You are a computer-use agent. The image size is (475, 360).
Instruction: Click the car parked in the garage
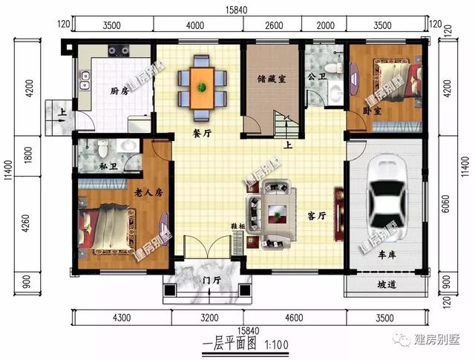point(387,199)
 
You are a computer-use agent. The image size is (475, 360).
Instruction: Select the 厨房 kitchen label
point(119,91)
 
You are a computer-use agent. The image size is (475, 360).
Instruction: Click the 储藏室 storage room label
point(272,79)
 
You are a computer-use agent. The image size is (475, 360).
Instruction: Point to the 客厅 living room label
point(317,216)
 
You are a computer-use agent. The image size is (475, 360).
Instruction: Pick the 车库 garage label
point(387,255)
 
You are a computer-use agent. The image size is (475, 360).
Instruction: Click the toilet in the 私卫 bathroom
point(103,148)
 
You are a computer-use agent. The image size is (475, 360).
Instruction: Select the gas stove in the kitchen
point(119,50)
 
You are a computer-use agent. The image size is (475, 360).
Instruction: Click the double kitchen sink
point(85,80)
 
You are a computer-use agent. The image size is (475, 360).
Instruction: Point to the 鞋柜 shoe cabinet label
point(237,226)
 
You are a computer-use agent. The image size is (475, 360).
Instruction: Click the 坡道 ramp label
point(387,285)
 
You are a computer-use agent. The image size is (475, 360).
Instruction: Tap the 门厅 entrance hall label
point(212,281)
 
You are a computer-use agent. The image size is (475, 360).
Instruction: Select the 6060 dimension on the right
point(446,204)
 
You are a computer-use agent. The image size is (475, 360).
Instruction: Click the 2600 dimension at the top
point(274,25)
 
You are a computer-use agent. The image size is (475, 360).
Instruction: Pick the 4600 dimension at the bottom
point(294,318)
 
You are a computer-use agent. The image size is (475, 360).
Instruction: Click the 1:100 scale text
point(276,344)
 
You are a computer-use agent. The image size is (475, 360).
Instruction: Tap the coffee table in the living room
point(277,214)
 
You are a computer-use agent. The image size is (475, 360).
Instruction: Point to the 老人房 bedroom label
point(148,192)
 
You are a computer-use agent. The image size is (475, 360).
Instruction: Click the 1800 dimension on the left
point(28,155)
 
